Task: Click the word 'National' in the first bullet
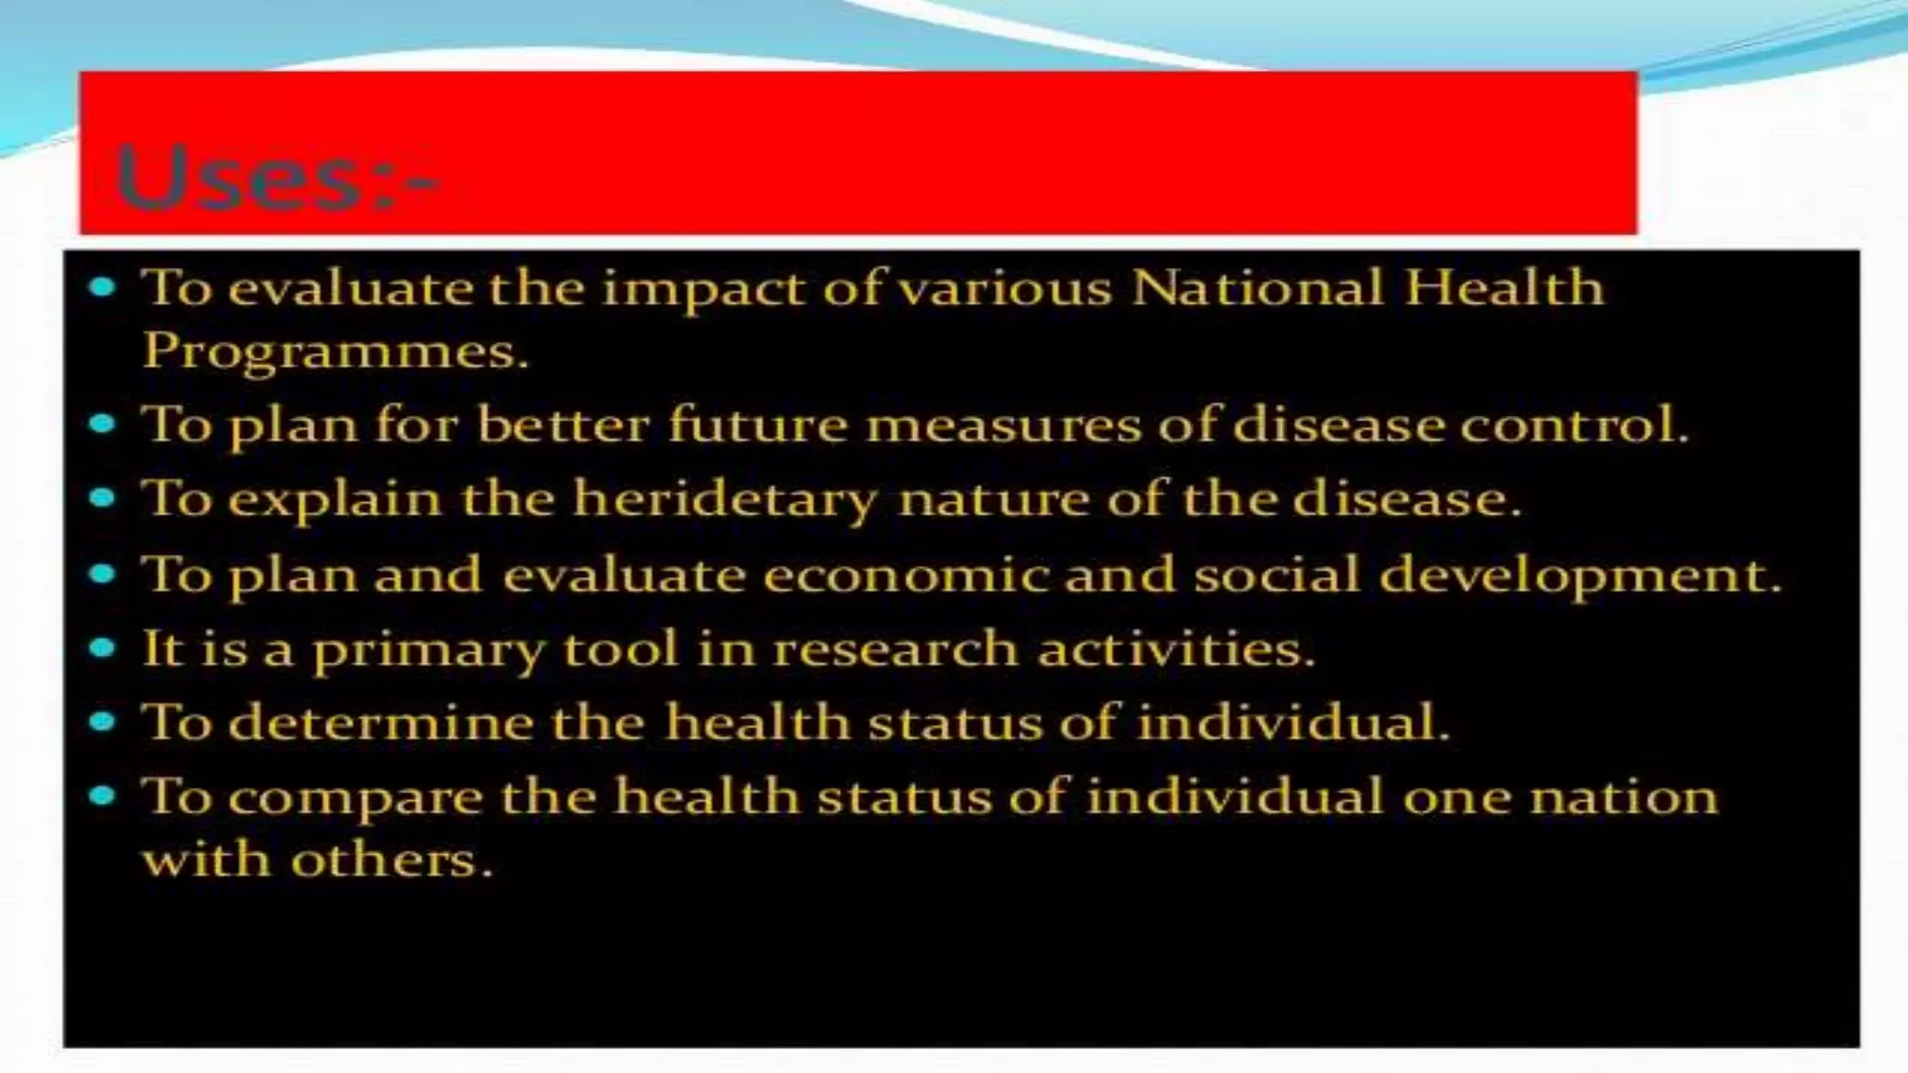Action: [1257, 287]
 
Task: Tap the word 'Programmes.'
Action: [335, 351]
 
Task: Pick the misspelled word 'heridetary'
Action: [724, 498]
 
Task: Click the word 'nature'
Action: [993, 498]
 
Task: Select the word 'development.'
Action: [1580, 576]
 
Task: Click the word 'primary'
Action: [428, 649]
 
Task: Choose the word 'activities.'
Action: [1176, 648]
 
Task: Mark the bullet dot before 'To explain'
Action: [102, 497]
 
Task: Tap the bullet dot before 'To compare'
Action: [102, 796]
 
